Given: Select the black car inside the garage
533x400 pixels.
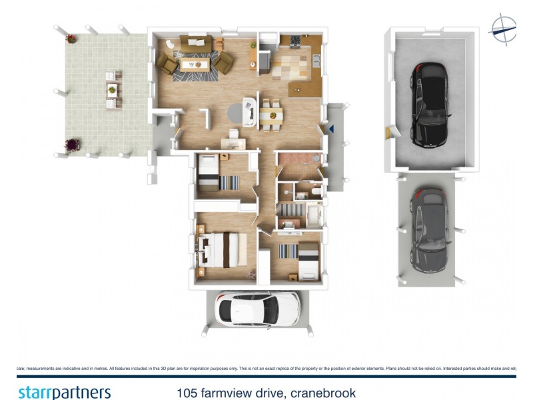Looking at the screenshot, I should pos(430,105).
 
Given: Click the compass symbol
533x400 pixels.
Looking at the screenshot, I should pos(503,29).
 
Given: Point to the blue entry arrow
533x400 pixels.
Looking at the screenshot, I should pos(330,129).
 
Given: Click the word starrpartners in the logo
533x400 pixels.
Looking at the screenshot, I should pos(64,392).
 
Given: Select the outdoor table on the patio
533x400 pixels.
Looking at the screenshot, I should pos(113,91).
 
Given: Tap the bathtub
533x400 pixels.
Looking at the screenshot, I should pos(312,216).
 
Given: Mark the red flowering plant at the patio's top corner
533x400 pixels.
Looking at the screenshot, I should pos(71,39).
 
